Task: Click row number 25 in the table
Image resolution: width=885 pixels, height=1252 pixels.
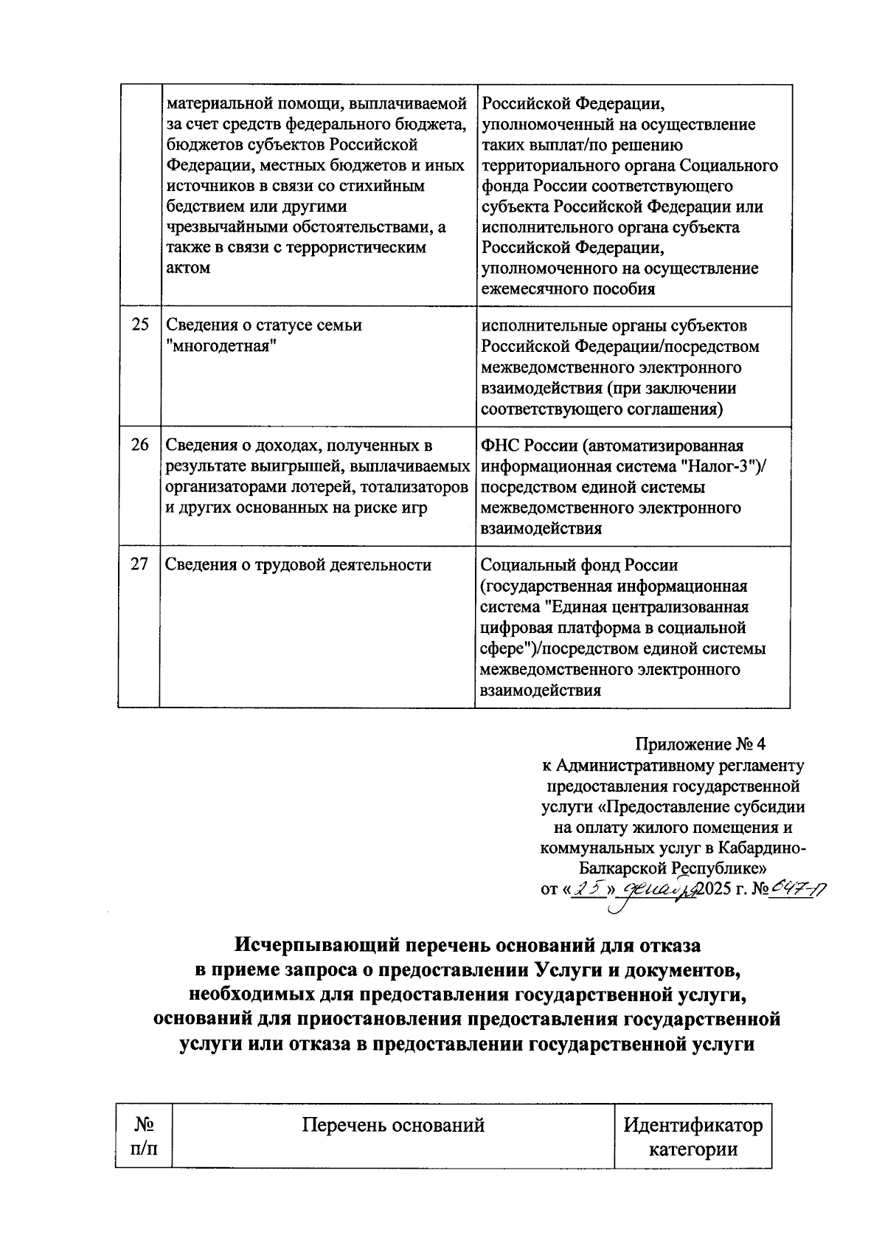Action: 139,325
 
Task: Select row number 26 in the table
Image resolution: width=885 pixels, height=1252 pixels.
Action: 139,446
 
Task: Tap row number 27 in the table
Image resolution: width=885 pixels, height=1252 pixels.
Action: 139,565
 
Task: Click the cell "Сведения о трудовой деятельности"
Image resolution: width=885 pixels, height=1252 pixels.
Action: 299,565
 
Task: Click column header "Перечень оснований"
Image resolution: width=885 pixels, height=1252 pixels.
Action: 393,1126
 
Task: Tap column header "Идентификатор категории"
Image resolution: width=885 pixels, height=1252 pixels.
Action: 693,1137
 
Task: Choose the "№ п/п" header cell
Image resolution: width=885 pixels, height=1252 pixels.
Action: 144,1137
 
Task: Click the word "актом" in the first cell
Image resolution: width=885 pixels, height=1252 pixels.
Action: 188,269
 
